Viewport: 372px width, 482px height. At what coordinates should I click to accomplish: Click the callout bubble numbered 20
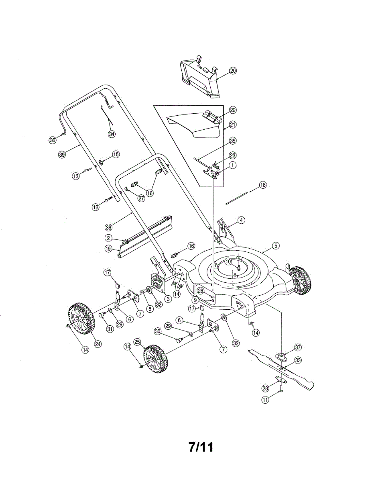point(233,71)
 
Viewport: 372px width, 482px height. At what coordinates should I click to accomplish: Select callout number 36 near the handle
point(53,140)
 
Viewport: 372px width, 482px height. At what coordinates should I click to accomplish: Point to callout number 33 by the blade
point(298,360)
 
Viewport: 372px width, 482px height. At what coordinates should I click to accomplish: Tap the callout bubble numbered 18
point(262,185)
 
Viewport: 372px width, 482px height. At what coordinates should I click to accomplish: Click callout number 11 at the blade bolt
point(265,400)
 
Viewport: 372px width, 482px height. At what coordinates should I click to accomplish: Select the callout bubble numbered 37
point(297,347)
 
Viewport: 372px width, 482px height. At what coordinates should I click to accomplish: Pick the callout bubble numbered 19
point(109,249)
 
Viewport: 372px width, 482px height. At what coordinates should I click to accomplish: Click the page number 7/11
point(201,447)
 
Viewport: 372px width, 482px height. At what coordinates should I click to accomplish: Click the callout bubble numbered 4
point(241,220)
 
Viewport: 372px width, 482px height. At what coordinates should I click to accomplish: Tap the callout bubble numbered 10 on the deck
point(228,261)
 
